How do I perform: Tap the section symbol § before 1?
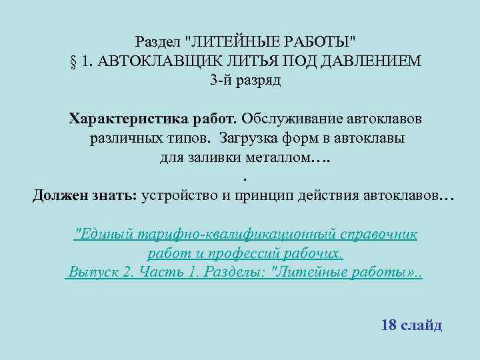(73, 61)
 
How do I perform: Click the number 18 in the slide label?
(388, 325)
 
